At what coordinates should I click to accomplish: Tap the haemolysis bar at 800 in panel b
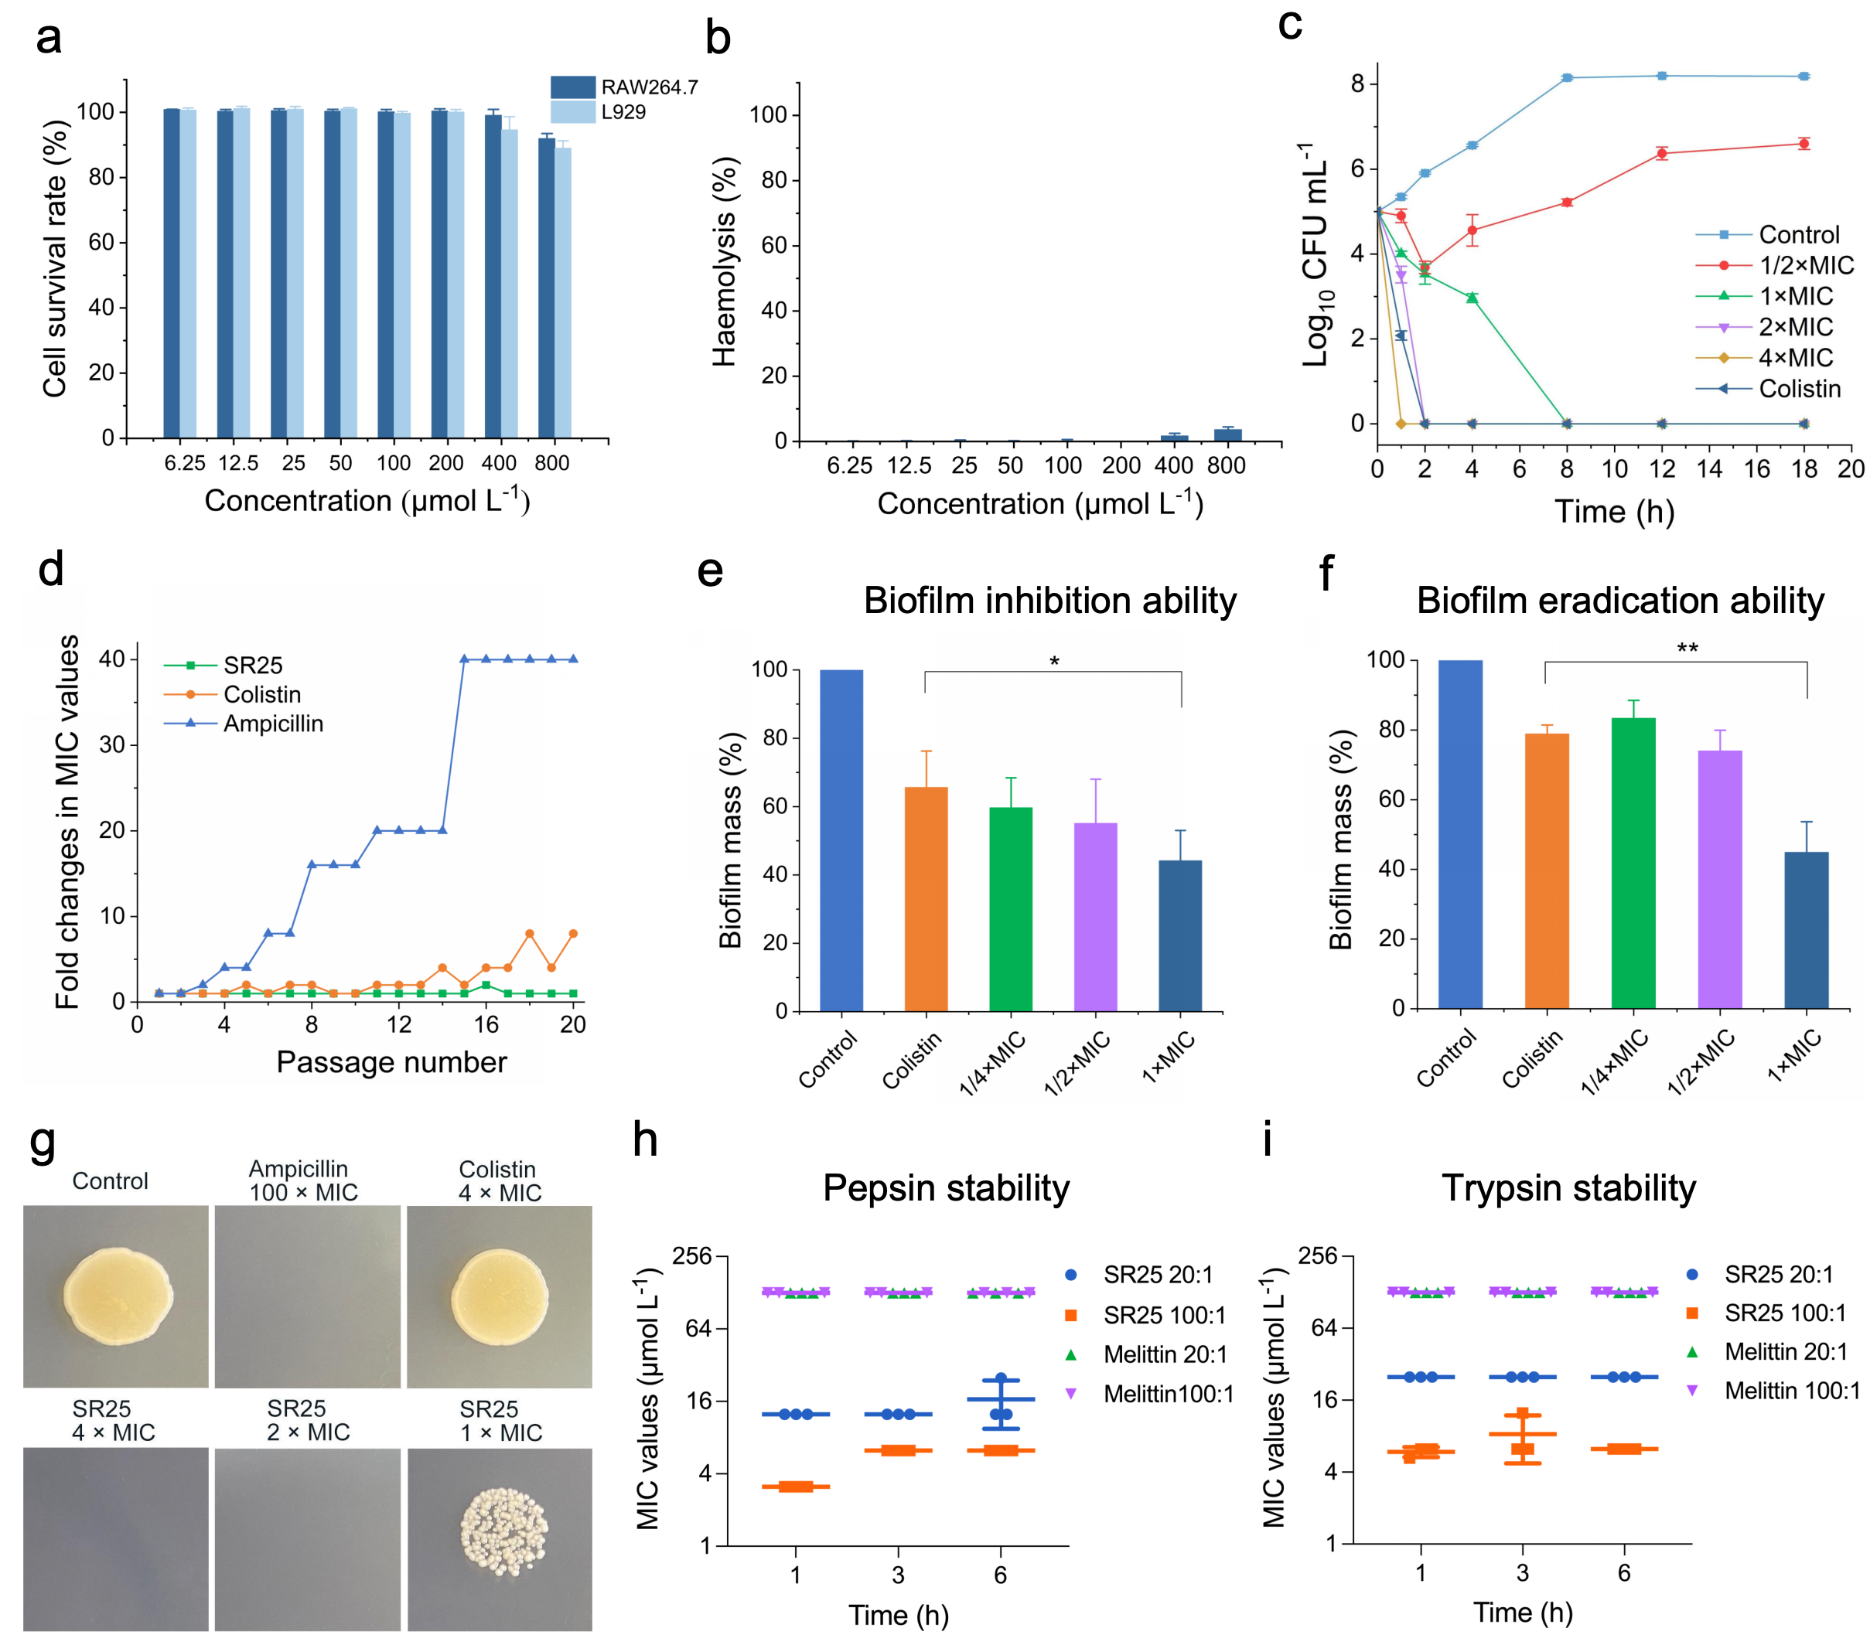1227,434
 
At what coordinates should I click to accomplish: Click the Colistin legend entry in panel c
1799,389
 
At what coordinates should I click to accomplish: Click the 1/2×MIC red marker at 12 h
1661,154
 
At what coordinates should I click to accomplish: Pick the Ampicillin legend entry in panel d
273,724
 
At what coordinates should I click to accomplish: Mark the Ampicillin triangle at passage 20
574,659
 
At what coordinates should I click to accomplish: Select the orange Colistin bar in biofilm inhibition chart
926,898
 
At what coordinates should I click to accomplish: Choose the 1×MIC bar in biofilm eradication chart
1806,929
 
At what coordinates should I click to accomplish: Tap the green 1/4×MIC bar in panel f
1633,863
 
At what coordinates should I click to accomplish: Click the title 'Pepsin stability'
946,1188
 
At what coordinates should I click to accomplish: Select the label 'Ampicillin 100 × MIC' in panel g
302,1181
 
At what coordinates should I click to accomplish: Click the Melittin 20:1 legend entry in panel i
1785,1352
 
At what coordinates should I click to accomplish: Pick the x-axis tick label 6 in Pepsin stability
1000,1574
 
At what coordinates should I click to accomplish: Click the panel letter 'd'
50,570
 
